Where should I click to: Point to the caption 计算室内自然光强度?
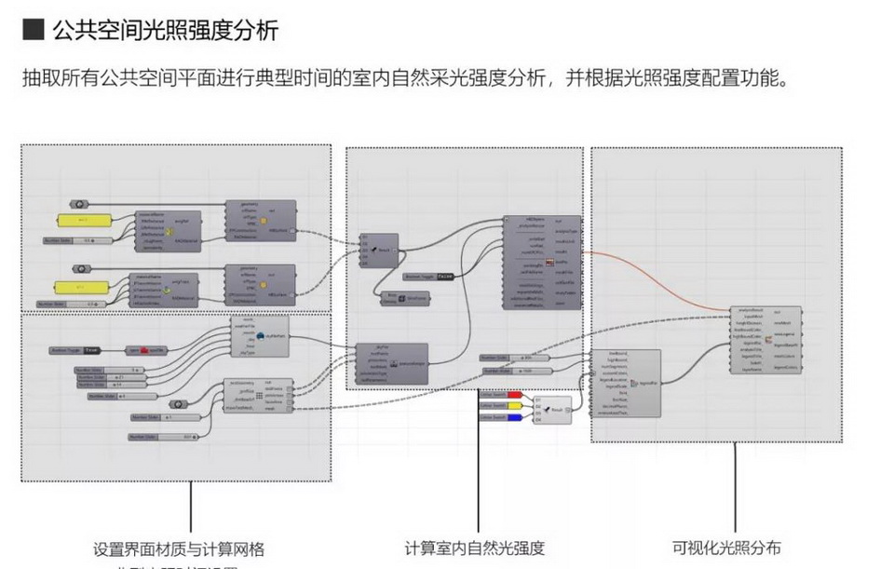tap(475, 548)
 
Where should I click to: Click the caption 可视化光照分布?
tap(726, 548)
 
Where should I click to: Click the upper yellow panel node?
tap(83, 221)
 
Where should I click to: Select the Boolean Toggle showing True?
tap(78, 350)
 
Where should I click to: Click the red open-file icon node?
tap(146, 350)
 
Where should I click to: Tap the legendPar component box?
tap(626, 383)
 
